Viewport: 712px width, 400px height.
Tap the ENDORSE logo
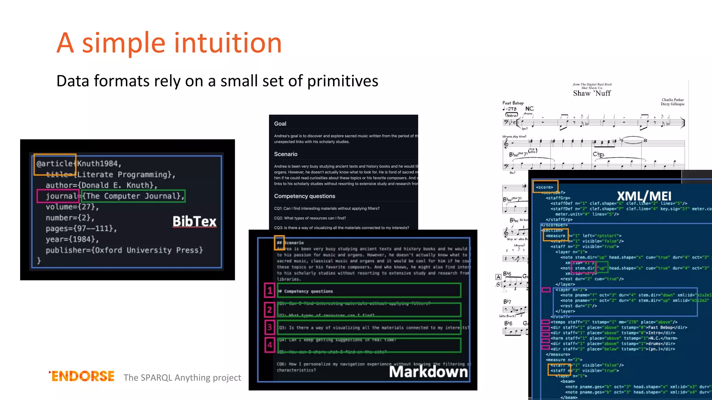(x=82, y=376)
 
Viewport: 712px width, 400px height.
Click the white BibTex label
(x=194, y=221)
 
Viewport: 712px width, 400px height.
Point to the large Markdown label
(x=428, y=372)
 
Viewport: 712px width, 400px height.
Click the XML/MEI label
(x=644, y=196)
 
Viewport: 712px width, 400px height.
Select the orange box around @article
(x=55, y=164)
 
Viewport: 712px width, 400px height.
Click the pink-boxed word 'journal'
(x=58, y=196)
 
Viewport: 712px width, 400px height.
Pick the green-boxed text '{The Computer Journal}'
(x=133, y=196)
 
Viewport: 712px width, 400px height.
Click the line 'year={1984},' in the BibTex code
(x=72, y=239)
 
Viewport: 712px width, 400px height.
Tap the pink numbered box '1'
(x=270, y=290)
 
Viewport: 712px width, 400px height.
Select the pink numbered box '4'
(x=270, y=345)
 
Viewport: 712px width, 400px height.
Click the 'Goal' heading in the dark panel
(x=280, y=124)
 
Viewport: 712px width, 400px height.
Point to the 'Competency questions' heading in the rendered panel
(x=305, y=196)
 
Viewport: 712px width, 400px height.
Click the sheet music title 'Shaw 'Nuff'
(x=592, y=93)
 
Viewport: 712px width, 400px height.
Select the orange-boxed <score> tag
(x=545, y=187)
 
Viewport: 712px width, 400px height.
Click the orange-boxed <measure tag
(x=555, y=235)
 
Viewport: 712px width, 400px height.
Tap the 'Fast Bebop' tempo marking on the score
(x=513, y=103)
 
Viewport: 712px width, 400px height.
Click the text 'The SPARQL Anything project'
(x=182, y=377)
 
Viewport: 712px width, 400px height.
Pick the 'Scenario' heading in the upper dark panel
(x=285, y=154)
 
